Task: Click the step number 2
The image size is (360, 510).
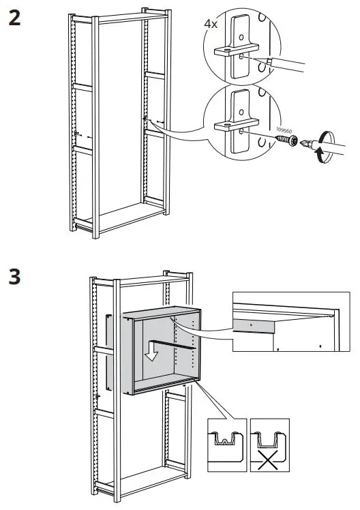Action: point(14,18)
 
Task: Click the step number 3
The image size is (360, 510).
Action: point(14,277)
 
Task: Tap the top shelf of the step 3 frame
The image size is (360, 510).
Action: point(142,279)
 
